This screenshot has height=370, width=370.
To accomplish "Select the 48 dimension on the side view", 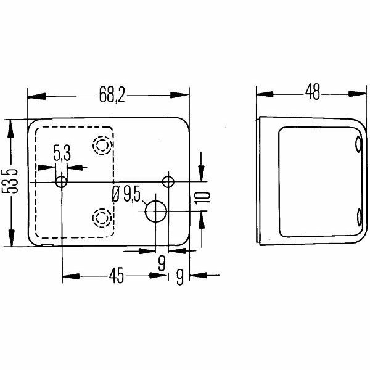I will click(313, 94).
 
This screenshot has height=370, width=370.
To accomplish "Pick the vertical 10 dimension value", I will click(206, 197).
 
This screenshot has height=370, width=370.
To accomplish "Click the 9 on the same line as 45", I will click(179, 277).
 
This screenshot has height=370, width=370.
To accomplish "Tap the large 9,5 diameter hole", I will click(156, 212).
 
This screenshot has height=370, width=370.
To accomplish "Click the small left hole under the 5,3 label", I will click(61, 182).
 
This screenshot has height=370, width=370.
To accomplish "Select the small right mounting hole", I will click(167, 181).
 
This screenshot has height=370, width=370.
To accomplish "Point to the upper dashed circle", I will click(101, 145).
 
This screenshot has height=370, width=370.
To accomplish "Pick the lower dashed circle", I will click(100, 217).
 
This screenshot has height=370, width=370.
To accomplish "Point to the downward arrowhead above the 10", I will click(202, 174).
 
